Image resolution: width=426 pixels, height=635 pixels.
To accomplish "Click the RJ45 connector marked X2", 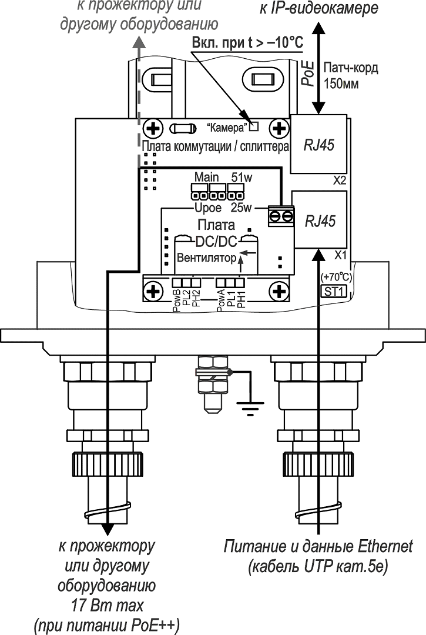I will point(320,144).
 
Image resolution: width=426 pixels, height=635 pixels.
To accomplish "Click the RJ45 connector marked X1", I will point(320,220).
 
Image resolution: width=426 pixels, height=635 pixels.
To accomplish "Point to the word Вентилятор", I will point(204,258).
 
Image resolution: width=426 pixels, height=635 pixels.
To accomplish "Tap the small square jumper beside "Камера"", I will point(254,125).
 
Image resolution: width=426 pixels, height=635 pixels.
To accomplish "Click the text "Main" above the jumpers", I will point(206,177).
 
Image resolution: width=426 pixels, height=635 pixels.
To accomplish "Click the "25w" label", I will point(241,208).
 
